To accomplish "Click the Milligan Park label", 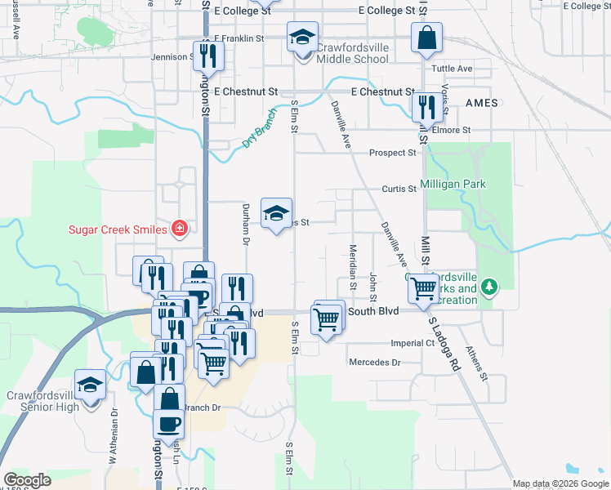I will [x=453, y=185].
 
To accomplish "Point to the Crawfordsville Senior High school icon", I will [x=90, y=385].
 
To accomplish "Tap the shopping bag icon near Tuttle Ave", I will [x=426, y=37].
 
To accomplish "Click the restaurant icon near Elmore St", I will [x=426, y=106].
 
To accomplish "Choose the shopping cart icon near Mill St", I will [x=423, y=287].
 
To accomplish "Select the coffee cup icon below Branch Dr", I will [x=169, y=424].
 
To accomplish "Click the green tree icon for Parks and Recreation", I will [x=489, y=287].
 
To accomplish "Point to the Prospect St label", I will [x=392, y=153].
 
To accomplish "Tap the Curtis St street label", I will [x=399, y=189].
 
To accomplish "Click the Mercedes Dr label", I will [x=375, y=362].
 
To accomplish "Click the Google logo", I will [x=27, y=480].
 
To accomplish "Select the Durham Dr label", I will [x=244, y=224].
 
